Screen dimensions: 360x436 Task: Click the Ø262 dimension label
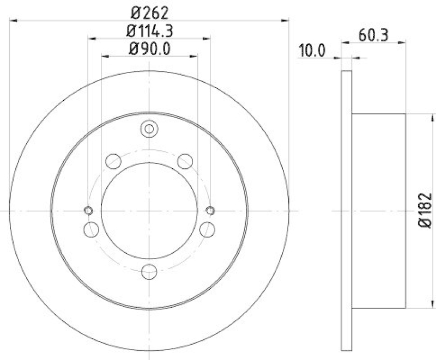[x=149, y=11]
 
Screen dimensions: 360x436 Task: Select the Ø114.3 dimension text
[x=149, y=30]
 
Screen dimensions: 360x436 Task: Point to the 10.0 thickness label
[x=312, y=52]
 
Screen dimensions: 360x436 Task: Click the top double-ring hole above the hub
[x=149, y=129]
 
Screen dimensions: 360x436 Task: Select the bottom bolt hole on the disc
[x=149, y=271]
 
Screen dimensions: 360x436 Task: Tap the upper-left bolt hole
[x=113, y=161]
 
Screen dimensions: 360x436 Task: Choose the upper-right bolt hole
[x=185, y=161]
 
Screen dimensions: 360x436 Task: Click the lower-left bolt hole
[x=92, y=229]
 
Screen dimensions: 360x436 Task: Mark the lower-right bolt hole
[x=207, y=229]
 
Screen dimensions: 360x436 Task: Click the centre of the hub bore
[x=149, y=210]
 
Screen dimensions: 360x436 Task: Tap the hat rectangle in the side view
[x=379, y=210]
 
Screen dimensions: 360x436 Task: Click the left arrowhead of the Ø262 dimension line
[x=14, y=20]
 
